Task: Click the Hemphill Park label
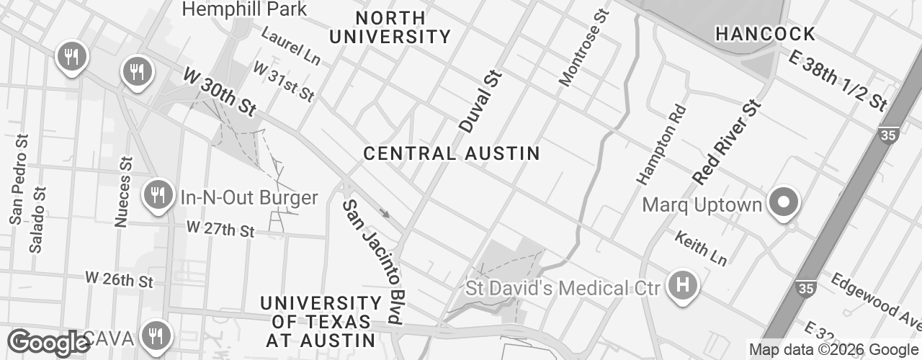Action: [244, 9]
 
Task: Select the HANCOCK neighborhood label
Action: [765, 34]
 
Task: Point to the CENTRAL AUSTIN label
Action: [452, 153]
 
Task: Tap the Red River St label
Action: [725, 142]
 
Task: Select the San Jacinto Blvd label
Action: [372, 261]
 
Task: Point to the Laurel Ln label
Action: [290, 44]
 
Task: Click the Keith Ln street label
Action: [700, 248]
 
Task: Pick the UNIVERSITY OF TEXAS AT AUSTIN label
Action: [321, 322]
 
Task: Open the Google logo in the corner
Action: [48, 343]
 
